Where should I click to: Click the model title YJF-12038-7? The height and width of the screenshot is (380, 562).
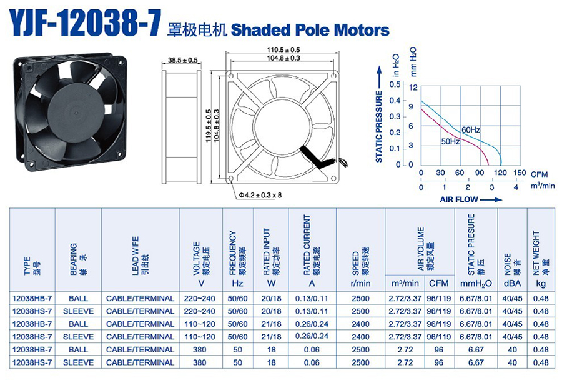click(84, 22)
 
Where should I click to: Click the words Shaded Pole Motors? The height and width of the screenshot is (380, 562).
click(310, 30)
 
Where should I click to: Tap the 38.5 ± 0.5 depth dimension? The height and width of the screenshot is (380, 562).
click(183, 60)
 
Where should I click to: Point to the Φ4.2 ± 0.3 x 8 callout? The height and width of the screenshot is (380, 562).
click(260, 195)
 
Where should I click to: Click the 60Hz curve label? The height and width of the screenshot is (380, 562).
click(471, 129)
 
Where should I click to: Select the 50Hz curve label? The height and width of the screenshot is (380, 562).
click(450, 141)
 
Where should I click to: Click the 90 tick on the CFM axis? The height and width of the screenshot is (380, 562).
click(480, 172)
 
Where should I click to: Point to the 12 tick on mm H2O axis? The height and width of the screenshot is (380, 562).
click(413, 87)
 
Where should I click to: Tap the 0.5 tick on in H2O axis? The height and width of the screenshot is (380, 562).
click(395, 84)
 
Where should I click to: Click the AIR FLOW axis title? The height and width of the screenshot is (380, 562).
click(459, 199)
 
